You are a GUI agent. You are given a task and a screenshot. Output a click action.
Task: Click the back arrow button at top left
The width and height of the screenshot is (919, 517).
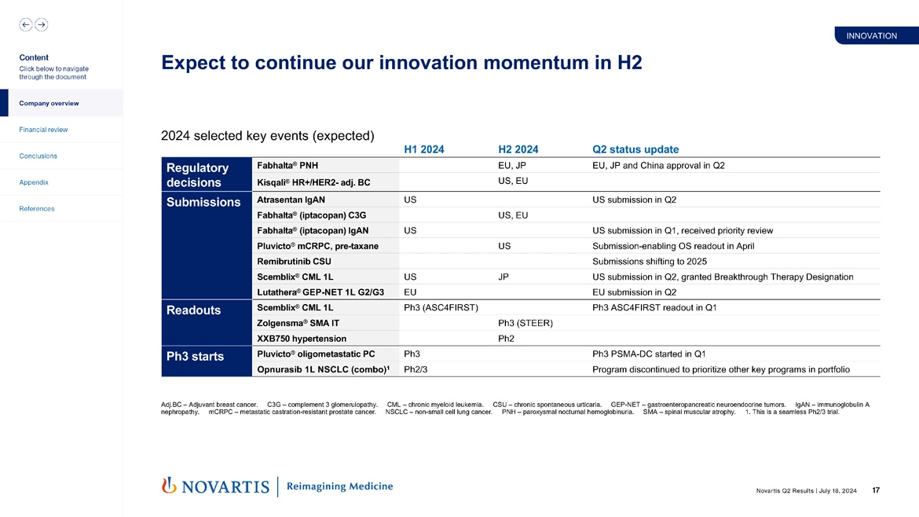pos(26,24)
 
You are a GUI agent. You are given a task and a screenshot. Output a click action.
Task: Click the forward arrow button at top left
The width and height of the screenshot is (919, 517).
pos(42,24)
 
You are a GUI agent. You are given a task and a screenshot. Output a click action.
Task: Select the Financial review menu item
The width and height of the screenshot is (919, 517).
pos(43,130)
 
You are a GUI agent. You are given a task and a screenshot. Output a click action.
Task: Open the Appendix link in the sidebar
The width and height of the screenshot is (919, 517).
pos(34,182)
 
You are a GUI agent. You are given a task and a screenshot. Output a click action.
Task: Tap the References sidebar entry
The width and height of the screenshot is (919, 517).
pos(37,209)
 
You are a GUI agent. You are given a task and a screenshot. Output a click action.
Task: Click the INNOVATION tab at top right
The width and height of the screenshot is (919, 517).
pos(871,36)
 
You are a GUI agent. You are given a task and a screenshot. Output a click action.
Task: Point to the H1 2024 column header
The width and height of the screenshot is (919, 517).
pos(423,149)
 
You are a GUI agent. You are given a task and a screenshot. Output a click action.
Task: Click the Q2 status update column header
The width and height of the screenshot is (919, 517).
pos(635,149)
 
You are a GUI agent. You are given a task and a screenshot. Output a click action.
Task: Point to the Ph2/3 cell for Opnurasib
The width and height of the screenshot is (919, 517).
pos(416,369)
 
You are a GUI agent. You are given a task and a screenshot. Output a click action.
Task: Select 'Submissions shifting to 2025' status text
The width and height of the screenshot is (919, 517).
pos(650,261)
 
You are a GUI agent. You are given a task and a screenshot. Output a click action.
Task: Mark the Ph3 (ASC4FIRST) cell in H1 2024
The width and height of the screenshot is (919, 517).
pos(441,307)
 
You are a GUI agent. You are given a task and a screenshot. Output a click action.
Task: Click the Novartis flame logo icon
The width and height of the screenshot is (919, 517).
pos(167,486)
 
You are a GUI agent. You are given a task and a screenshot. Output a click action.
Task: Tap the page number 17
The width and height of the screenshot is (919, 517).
pos(875,491)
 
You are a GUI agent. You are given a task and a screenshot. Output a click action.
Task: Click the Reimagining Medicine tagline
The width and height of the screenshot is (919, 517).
pos(339,486)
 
